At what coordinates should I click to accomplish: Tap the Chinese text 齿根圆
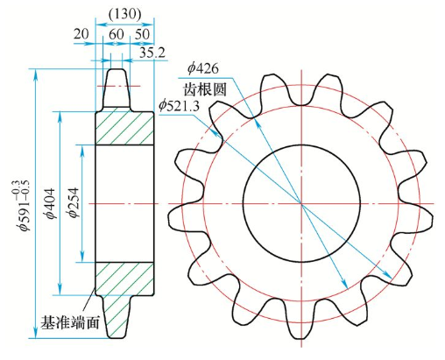coord(204,88)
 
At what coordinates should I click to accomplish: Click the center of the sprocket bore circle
coord(300,202)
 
